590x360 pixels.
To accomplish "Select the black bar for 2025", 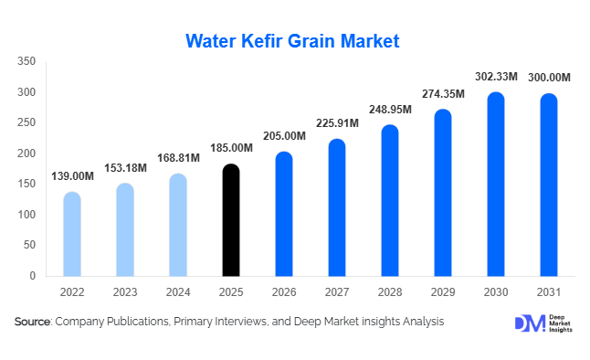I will click(231, 220).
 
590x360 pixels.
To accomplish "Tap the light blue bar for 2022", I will click(72, 234).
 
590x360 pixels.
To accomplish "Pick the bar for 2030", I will click(496, 185).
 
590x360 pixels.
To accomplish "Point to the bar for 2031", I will click(549, 185).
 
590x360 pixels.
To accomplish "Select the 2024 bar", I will click(178, 225).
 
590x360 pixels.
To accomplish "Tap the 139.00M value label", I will click(72, 176).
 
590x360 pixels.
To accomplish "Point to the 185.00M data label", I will click(231, 148).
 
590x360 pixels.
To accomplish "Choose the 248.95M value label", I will click(390, 110).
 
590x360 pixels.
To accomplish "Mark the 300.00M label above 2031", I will click(549, 78).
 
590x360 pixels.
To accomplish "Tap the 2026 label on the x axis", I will click(284, 293).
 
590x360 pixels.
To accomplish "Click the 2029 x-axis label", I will click(443, 293).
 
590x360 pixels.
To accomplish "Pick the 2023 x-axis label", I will click(125, 293).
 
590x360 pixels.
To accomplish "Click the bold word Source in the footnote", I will click(33, 322).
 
